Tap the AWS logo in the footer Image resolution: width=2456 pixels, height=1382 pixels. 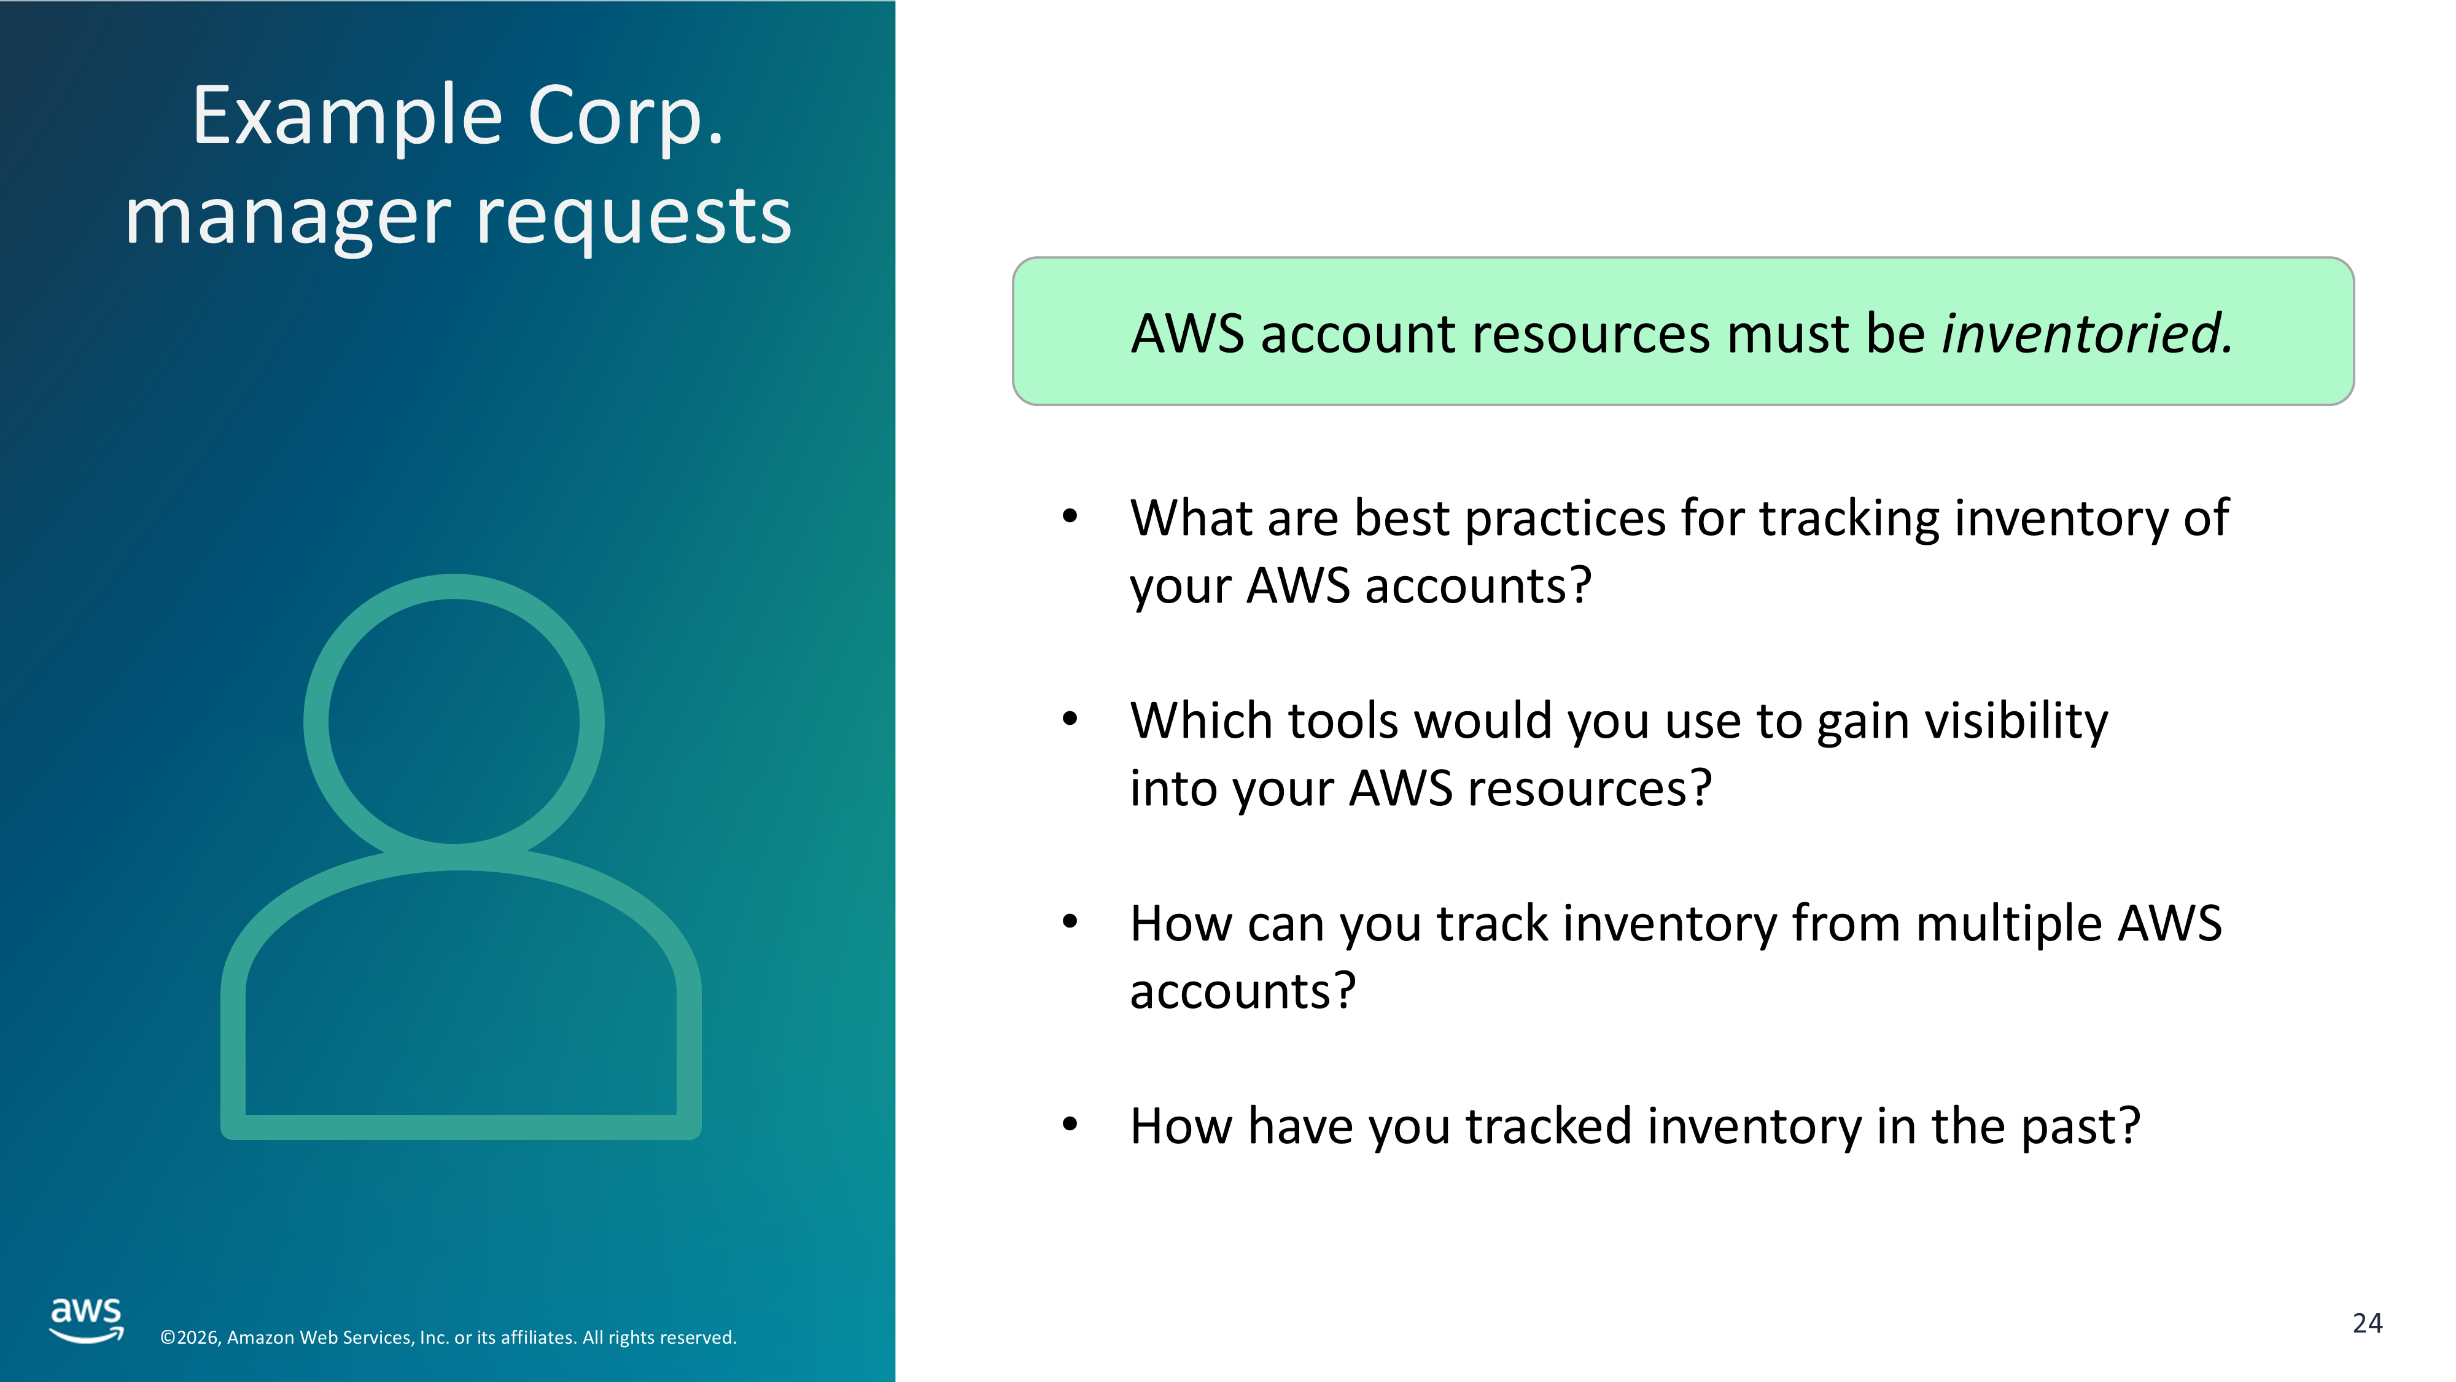(x=87, y=1320)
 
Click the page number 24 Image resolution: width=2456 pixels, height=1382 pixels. (x=2368, y=1324)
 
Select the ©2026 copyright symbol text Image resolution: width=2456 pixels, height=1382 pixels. (x=190, y=1338)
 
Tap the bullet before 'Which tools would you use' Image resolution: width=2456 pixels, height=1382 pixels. (x=1070, y=720)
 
